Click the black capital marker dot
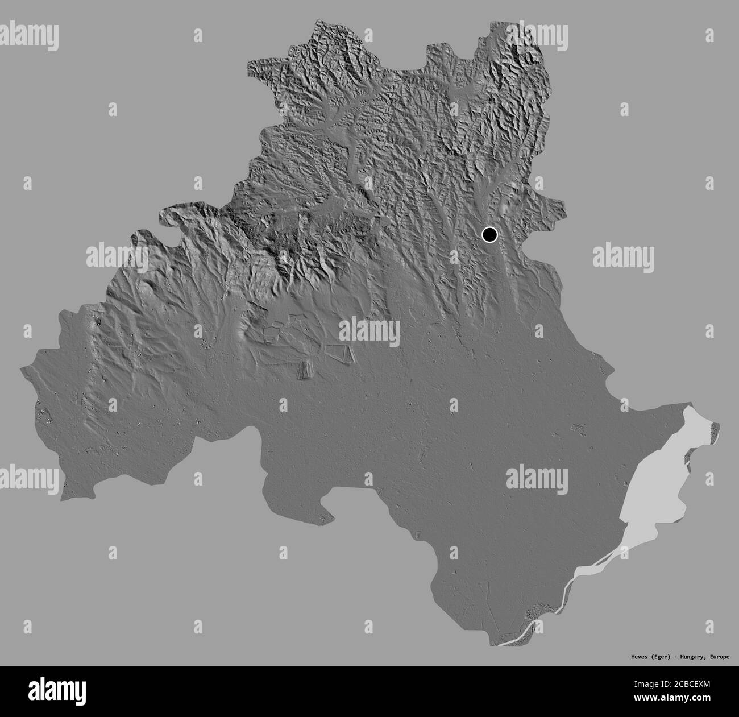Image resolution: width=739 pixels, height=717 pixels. [x=489, y=234]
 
